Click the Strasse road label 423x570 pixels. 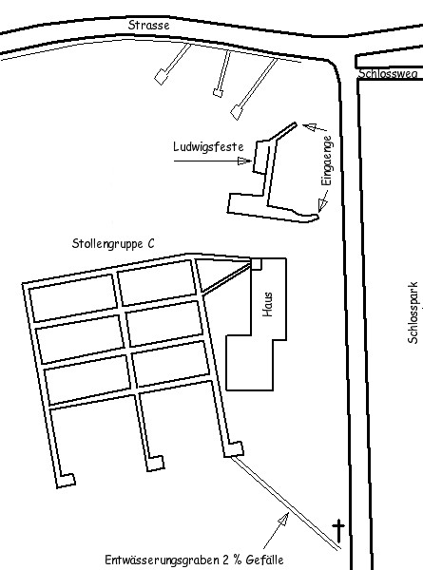tap(148, 25)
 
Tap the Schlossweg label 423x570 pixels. tap(388, 73)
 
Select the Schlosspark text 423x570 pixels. tap(413, 313)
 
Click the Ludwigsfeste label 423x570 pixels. tap(208, 147)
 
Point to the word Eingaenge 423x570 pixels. tap(327, 161)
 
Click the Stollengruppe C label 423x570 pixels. tap(113, 243)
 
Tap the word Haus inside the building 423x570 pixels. tap(268, 304)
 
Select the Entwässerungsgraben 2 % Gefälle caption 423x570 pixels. tap(194, 560)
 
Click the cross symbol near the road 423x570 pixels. tap(338, 530)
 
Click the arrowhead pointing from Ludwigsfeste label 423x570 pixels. tap(244, 161)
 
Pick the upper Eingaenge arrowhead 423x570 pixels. tap(309, 127)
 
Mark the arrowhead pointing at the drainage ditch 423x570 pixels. tap(283, 518)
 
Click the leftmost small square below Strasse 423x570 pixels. tap(161, 77)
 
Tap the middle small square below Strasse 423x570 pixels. tap(218, 93)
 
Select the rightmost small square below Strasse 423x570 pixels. tap(237, 112)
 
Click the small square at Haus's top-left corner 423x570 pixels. tap(256, 264)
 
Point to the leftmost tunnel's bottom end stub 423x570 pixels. tap(67, 480)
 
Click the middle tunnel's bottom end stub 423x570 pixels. tap(155, 464)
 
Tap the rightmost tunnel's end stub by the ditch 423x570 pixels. tap(234, 449)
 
